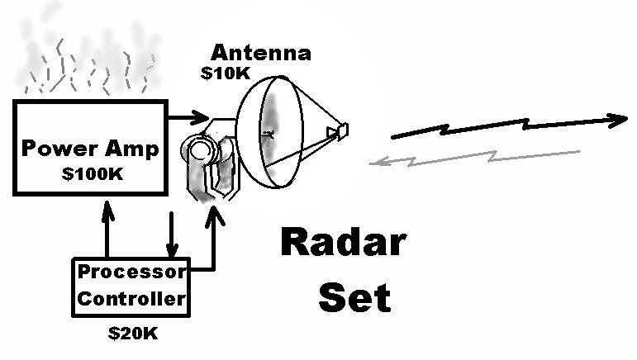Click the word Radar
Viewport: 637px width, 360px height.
343,244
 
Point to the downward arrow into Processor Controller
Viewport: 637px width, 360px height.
172,235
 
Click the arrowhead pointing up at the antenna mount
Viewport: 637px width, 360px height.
217,218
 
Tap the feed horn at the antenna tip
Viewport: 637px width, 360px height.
339,130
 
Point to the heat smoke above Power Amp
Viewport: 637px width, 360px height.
87,62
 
